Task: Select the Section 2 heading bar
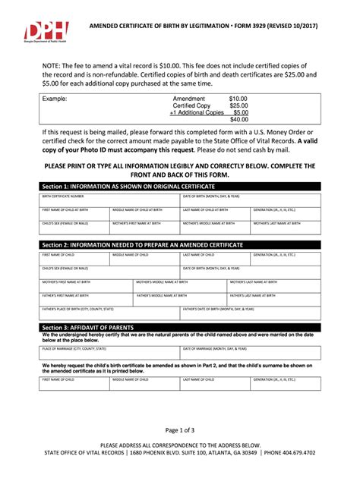click(x=180, y=245)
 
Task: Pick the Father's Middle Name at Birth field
click(x=179, y=298)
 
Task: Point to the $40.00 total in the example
click(x=239, y=119)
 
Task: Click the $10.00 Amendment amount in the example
click(x=238, y=99)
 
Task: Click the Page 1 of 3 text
click(x=179, y=430)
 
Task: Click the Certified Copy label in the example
click(x=192, y=105)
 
